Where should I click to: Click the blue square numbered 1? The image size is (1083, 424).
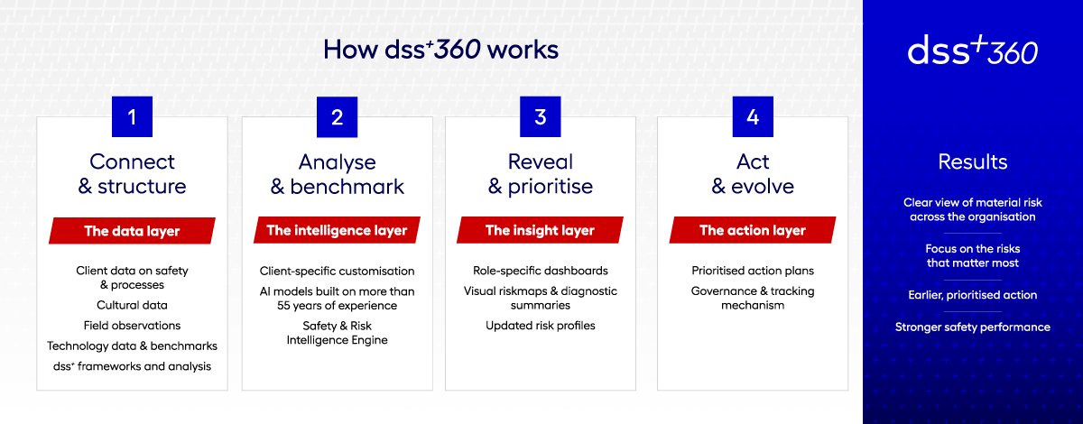132,116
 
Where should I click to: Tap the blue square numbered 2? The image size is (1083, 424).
337,116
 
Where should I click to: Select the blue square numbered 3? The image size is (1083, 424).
541,116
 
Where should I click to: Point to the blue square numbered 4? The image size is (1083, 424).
753,116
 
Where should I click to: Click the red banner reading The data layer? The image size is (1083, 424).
132,231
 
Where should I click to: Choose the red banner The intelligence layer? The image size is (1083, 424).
337,231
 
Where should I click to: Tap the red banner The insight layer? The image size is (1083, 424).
541,231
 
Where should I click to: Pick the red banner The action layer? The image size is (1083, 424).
753,231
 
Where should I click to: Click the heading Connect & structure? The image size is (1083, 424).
132,174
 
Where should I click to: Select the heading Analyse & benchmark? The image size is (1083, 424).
337,174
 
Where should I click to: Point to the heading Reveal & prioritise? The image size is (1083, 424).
541,174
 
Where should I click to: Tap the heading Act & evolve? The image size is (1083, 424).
753,174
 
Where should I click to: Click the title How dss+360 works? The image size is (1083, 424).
441,50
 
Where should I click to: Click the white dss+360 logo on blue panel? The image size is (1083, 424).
972,51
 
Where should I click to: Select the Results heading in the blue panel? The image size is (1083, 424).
972,162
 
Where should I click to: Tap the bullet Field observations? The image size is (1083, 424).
132,326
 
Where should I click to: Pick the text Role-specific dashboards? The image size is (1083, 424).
541,271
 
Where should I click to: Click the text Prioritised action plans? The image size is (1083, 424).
753,271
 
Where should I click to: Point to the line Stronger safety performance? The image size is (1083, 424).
972,327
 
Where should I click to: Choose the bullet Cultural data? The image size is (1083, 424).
132,306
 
